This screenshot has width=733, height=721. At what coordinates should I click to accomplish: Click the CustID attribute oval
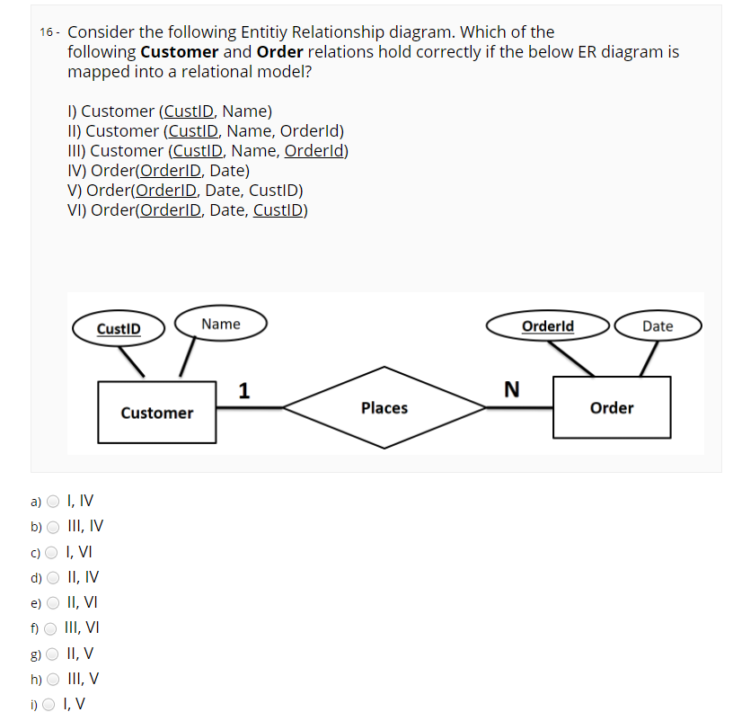pos(119,328)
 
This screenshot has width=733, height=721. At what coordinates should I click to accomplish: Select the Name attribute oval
pos(221,324)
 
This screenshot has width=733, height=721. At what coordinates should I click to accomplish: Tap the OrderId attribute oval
pos(548,325)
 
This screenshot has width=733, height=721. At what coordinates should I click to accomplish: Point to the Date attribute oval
pos(658,326)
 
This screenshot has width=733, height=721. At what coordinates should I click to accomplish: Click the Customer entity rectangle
pos(157,413)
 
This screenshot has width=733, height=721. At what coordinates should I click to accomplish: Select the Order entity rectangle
pos(612,408)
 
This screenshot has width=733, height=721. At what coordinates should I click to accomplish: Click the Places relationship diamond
pos(384,408)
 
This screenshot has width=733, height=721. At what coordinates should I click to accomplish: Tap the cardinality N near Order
pos(511,389)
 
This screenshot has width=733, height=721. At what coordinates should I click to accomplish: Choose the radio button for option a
pos(54,502)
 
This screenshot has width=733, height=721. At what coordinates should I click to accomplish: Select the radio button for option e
pos(54,603)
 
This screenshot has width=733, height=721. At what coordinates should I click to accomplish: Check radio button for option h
pos(54,680)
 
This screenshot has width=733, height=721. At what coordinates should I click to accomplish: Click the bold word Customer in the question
pos(180,51)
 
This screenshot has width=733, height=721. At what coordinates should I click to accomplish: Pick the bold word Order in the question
pos(279,51)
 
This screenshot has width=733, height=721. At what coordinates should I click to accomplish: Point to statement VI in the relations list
pos(188,210)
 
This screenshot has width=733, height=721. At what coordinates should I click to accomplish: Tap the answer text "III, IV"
pos(86,527)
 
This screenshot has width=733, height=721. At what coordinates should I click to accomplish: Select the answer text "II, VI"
pos(84,603)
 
